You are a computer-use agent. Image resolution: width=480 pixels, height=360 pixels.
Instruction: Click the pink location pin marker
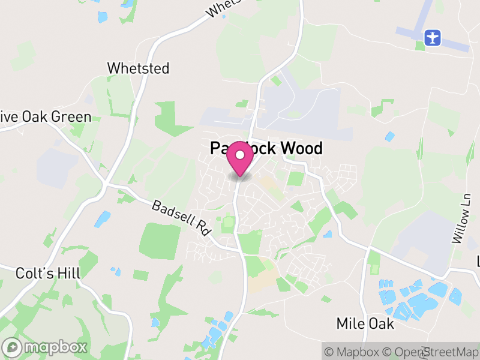240,158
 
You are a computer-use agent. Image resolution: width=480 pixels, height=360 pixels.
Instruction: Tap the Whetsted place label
138,68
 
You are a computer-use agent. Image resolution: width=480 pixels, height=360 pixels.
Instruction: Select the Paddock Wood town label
266,148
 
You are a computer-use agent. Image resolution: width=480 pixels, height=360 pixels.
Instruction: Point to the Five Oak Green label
46,117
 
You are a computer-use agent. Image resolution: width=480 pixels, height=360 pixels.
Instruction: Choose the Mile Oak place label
365,324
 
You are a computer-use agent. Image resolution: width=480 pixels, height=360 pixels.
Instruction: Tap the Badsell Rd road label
178,217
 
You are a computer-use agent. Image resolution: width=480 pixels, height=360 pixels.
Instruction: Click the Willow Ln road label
461,218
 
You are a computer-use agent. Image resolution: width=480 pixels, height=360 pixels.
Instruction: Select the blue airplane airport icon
431,37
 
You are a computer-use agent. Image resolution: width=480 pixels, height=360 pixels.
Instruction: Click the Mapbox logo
46,347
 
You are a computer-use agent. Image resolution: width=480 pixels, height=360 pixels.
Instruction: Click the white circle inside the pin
240,155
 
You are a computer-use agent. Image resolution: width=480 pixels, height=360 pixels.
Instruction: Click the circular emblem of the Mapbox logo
12,347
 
